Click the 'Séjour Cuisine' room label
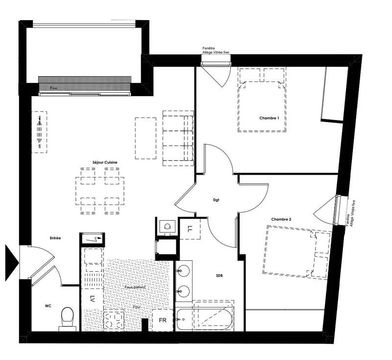104,162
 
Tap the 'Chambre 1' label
269,118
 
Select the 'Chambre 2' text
281,219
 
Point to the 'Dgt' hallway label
216,200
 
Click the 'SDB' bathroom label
220,276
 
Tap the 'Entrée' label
55,238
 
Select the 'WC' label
48,306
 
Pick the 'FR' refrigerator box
162,320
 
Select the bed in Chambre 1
262,100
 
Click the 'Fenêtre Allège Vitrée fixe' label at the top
215,50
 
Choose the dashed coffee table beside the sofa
145,138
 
